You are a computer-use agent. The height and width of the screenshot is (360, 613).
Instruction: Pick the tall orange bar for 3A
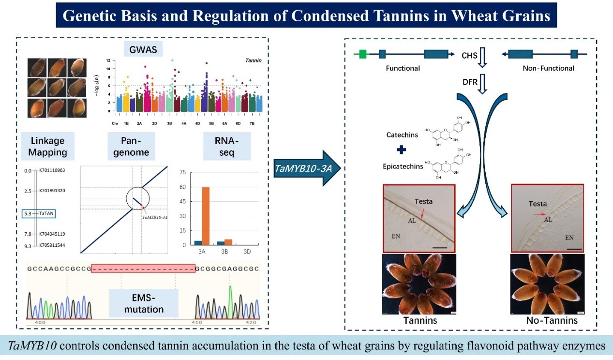click(206, 216)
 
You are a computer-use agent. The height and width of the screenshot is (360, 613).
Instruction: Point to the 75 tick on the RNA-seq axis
click(182, 172)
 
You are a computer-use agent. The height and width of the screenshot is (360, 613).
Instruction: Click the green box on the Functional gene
click(362, 54)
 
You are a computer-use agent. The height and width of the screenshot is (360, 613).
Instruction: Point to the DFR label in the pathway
click(470, 82)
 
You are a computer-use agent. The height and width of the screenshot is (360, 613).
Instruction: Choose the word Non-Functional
click(548, 68)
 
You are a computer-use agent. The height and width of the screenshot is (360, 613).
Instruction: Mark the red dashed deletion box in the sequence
click(143, 268)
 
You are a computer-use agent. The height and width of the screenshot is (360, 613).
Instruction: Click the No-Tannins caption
click(552, 320)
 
